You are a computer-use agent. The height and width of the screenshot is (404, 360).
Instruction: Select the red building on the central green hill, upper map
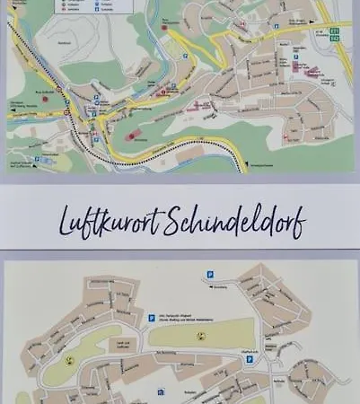tap(132, 136)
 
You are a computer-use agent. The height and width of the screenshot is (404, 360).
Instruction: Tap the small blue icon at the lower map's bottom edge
tap(160, 391)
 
